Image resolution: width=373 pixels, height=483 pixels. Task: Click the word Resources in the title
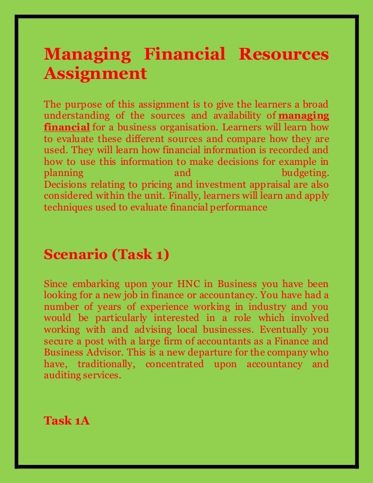280,55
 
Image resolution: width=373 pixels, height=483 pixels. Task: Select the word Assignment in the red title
95,74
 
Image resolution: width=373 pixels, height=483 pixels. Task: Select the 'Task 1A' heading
67,420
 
